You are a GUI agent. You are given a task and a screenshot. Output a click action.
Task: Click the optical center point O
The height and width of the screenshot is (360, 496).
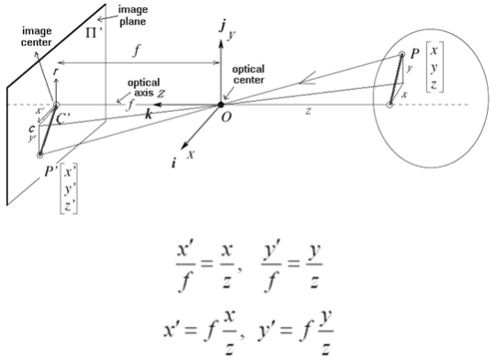click(222, 105)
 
